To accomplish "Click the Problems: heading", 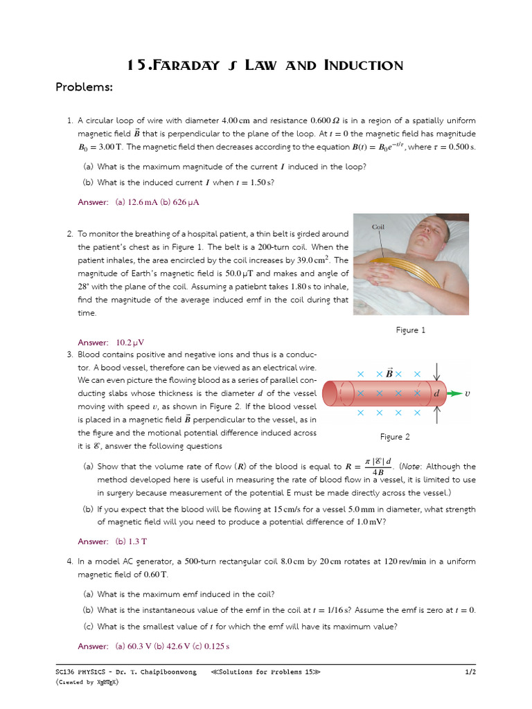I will click(83, 87).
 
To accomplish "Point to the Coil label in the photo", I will click(378, 226).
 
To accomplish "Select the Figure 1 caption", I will click(410, 330).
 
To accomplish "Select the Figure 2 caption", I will click(395, 437).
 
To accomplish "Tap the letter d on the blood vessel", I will click(436, 393).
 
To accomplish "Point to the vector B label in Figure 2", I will click(389, 373).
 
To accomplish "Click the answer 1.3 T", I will click(130, 541).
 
